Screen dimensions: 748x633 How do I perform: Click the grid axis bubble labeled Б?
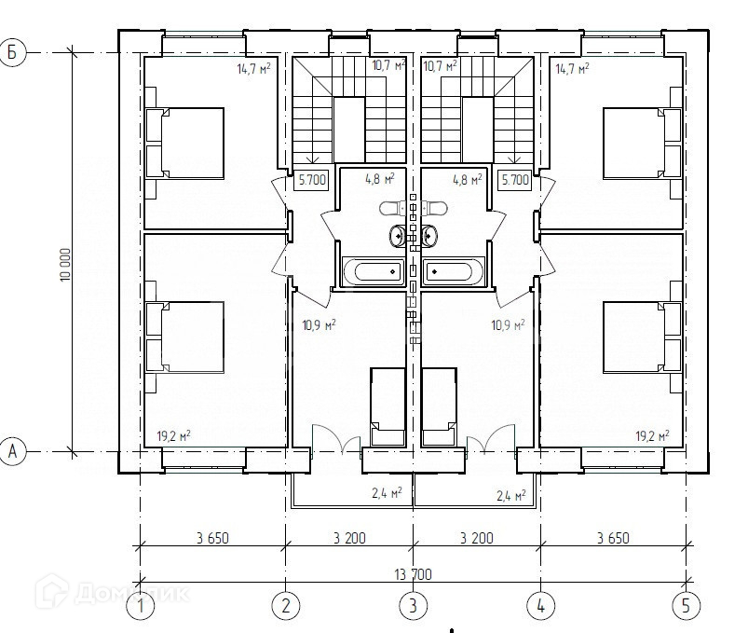pyautogui.click(x=12, y=52)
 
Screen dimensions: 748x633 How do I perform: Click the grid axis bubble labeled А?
pyautogui.click(x=12, y=451)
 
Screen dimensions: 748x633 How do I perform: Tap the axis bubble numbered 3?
pyautogui.click(x=413, y=606)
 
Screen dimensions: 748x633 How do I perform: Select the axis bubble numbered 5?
pyautogui.click(x=686, y=606)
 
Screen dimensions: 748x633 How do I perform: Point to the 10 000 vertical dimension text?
pyautogui.click(x=65, y=264)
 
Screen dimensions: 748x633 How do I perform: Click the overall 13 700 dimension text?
pyautogui.click(x=413, y=574)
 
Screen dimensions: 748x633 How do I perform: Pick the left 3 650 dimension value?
pyautogui.click(x=212, y=538)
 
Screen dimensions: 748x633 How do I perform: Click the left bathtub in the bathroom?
pyautogui.click(x=373, y=271)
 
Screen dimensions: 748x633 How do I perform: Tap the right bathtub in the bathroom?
pyautogui.click(x=454, y=271)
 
